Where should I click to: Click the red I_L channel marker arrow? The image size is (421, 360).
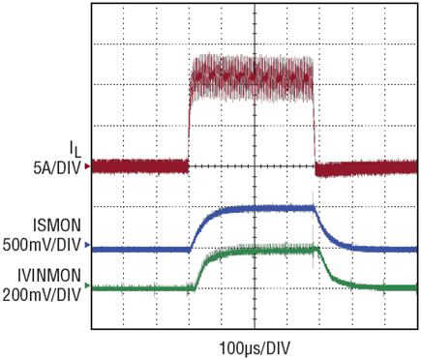[87, 166]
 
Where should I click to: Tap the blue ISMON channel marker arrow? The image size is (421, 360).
[87, 245]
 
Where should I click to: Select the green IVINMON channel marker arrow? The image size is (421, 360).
[87, 285]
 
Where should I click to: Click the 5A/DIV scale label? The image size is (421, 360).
[57, 168]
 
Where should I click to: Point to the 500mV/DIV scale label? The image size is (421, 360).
[42, 246]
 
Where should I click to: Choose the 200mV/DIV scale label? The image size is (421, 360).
[42, 294]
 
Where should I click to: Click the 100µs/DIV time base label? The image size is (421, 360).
[255, 348]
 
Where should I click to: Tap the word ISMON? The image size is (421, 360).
[57, 225]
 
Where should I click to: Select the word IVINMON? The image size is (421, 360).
[49, 276]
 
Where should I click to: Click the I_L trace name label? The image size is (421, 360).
[75, 149]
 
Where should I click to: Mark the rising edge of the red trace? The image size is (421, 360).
[190, 129]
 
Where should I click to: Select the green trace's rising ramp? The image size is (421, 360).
[200, 271]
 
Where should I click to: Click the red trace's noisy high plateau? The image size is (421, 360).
[252, 78]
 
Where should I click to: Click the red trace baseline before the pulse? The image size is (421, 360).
[140, 166]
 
